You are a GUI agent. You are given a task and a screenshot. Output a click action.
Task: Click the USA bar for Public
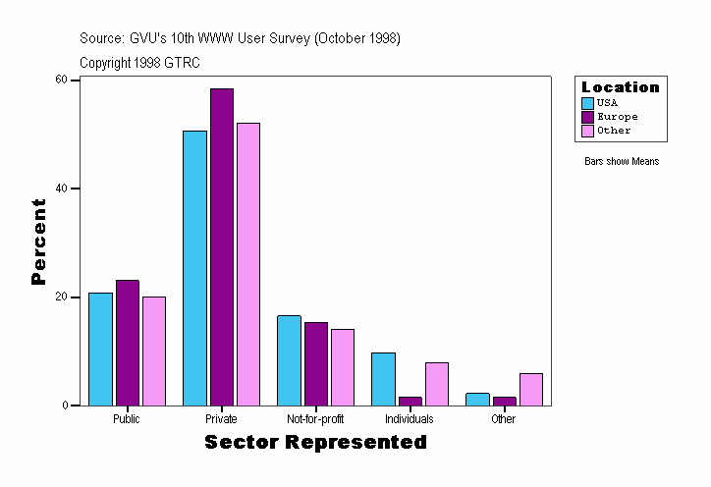(x=100, y=349)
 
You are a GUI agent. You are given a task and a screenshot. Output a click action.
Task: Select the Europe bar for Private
(x=222, y=246)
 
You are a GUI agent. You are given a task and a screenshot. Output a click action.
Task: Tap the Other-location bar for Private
(x=248, y=263)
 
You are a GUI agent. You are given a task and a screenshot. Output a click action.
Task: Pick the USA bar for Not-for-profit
(x=289, y=359)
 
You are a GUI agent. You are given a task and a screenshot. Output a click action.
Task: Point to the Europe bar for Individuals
(x=410, y=401)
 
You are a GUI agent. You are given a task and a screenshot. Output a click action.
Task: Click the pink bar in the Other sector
(x=531, y=389)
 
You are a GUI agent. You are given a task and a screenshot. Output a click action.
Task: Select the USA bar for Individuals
(x=383, y=378)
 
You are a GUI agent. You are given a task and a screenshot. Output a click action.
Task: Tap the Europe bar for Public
(x=128, y=343)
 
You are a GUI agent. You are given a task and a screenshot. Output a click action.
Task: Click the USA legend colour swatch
(x=587, y=103)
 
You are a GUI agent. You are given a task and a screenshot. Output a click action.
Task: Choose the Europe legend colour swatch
(x=587, y=117)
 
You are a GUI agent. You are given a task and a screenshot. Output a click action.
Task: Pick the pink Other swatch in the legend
(x=587, y=131)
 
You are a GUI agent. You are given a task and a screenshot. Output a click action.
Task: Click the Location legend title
(x=621, y=87)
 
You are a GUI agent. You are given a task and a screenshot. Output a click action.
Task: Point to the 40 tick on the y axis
(x=74, y=189)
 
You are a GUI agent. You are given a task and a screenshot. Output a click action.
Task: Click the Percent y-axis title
(x=39, y=242)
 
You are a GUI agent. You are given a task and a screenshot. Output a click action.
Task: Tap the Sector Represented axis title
(x=315, y=443)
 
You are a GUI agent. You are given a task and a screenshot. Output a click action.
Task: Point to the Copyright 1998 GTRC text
(x=139, y=62)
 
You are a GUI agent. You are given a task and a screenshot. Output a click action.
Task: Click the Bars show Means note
(x=622, y=162)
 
